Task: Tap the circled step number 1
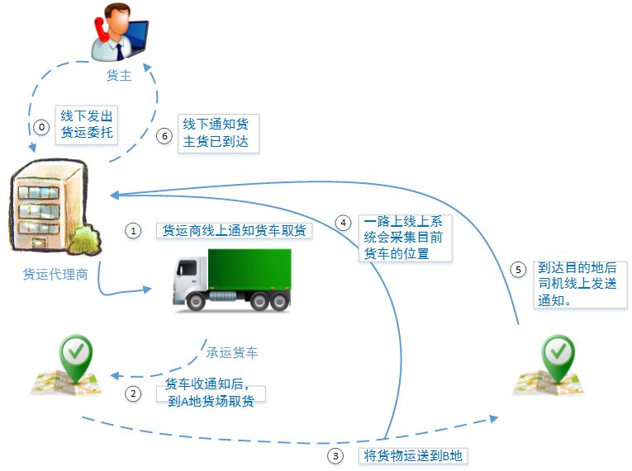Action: tap(134, 231)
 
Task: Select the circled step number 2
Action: tap(134, 393)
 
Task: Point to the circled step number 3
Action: tap(335, 455)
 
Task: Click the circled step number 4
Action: tap(343, 222)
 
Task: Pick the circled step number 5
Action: tap(518, 269)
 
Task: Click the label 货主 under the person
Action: tap(119, 76)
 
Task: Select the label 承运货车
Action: tap(232, 352)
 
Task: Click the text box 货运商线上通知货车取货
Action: tap(234, 230)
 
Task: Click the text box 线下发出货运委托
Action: tap(87, 124)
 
